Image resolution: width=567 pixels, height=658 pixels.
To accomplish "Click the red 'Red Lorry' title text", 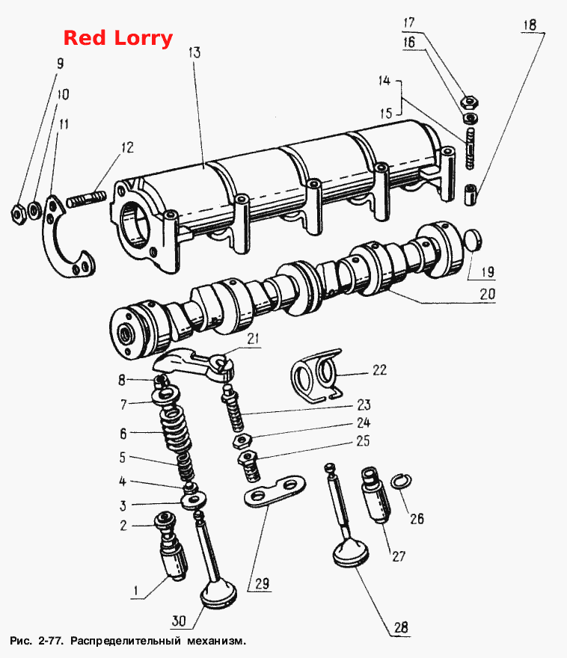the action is pos(118,38).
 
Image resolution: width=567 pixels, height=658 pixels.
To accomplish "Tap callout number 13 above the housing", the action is pos(194,52).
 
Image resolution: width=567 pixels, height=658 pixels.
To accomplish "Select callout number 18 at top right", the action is pos(530,25).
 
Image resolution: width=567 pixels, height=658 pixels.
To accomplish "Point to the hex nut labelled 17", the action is pos(470,102).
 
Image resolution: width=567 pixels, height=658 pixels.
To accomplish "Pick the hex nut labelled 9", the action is pos(18,215).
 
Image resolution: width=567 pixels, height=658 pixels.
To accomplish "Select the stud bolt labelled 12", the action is pos(85,198).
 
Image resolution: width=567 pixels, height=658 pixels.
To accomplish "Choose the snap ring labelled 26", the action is pos(402,481).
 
